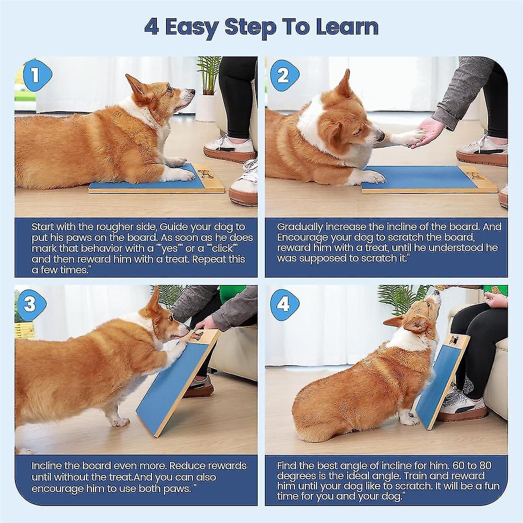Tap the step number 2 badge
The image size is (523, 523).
click(283, 76)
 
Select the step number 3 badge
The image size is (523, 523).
click(30, 304)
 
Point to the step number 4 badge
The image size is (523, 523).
click(283, 304)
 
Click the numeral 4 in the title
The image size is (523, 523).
click(151, 27)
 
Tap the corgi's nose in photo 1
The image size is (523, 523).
click(192, 92)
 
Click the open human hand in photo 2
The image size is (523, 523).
click(429, 131)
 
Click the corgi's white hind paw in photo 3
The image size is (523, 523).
click(120, 421)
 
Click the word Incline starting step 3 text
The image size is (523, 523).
click(48, 466)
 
